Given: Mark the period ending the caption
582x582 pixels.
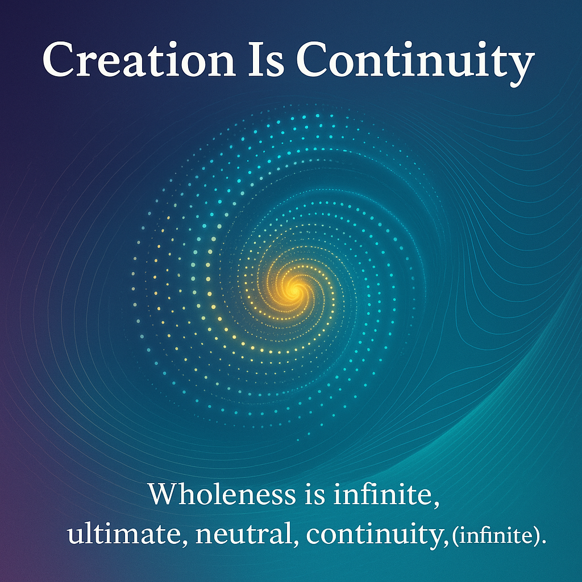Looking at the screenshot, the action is tap(544, 542).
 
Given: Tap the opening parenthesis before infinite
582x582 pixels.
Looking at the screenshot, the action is tap(455, 537).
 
